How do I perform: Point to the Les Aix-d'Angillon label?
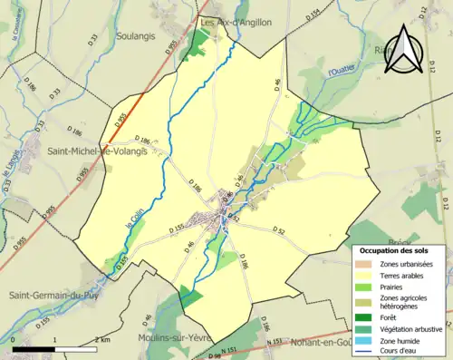236,23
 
